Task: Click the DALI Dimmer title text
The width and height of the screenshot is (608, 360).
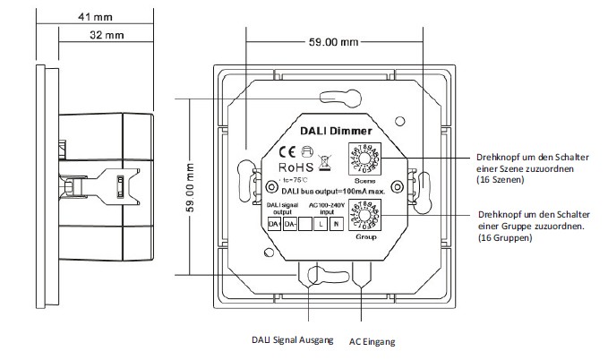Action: click(x=330, y=132)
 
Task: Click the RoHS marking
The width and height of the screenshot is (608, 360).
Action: click(x=297, y=166)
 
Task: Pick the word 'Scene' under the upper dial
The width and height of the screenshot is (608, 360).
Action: click(x=367, y=179)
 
